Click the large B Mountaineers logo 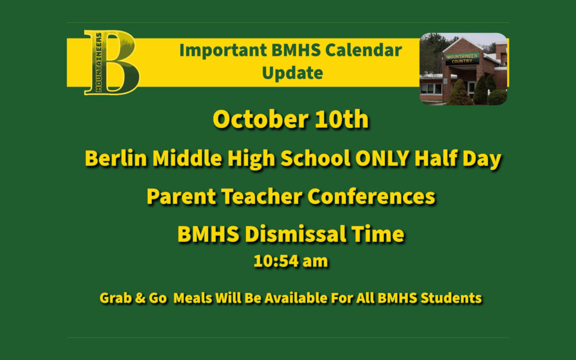pyautogui.click(x=111, y=62)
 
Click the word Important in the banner pyautogui.click(x=223, y=50)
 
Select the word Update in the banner pyautogui.click(x=292, y=73)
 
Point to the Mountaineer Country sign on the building pyautogui.click(x=462, y=59)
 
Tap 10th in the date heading pyautogui.click(x=342, y=119)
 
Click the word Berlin pyautogui.click(x=116, y=158)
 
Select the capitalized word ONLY pyautogui.click(x=382, y=158)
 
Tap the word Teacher pyautogui.click(x=261, y=196)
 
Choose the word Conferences pyautogui.click(x=371, y=196)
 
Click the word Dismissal pyautogui.click(x=295, y=234)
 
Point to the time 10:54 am pyautogui.click(x=291, y=261)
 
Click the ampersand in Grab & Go pyautogui.click(x=140, y=298)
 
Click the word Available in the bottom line pyautogui.click(x=295, y=298)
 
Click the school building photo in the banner pyautogui.click(x=463, y=69)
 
